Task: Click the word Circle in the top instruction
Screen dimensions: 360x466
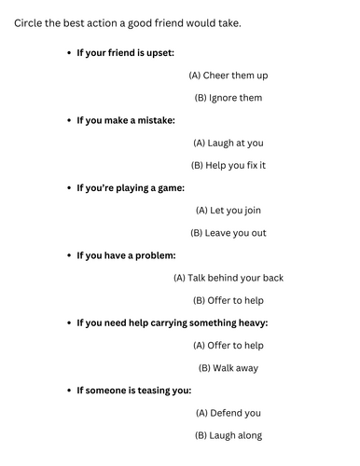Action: [x=30, y=22]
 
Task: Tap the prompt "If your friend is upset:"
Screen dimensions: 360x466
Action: [x=125, y=52]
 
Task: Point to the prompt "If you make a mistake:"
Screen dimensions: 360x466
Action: [x=125, y=120]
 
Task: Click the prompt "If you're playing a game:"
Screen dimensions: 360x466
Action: [x=131, y=187]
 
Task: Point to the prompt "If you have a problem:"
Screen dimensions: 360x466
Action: [x=126, y=255]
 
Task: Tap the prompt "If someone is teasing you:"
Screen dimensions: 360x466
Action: [x=133, y=390]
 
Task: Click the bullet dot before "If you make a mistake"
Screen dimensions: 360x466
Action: [x=69, y=120]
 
